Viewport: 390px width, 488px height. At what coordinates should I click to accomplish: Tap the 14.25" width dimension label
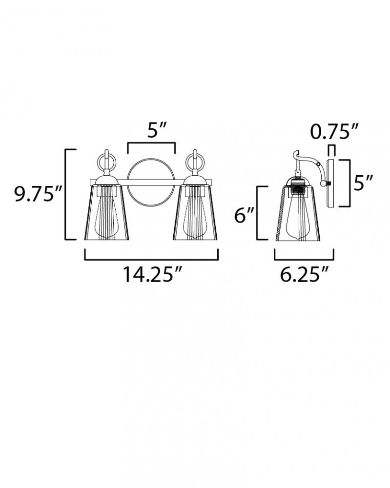152,274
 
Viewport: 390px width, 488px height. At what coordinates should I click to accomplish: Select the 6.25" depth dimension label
304,274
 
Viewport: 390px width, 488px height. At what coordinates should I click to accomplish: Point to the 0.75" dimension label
334,132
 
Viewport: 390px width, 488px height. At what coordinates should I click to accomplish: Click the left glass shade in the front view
106,213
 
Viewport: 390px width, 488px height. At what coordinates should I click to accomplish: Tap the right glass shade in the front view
195,213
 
